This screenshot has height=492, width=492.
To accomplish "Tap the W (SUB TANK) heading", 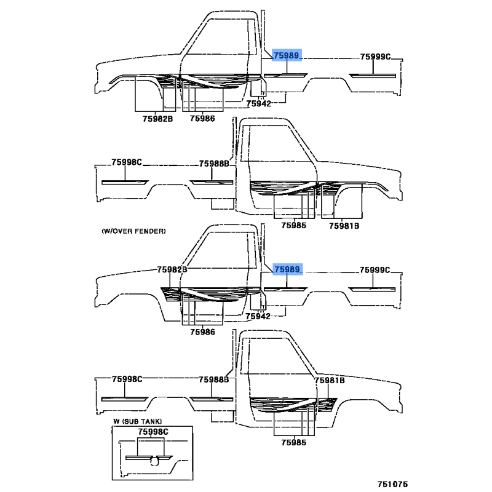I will [x=135, y=421].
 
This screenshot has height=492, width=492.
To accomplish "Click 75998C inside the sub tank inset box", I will [x=153, y=433].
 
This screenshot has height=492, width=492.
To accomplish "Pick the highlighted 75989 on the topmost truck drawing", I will [x=287, y=56].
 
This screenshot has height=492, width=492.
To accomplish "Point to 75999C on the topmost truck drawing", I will [x=375, y=57].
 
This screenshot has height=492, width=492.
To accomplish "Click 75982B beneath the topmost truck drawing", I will [x=157, y=118].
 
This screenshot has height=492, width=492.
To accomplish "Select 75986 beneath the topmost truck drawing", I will [x=202, y=118].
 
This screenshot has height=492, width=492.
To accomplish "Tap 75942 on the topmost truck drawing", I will [x=258, y=104].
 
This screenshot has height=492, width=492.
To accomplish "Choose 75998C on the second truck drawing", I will [x=127, y=162].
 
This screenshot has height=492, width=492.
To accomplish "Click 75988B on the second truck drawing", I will [x=213, y=164].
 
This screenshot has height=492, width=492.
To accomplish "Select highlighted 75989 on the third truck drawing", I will [x=287, y=269].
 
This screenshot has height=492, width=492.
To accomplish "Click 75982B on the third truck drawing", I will [x=172, y=269].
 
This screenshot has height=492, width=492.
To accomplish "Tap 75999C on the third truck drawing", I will [x=375, y=270].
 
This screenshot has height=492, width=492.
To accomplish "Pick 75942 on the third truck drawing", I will [x=258, y=316].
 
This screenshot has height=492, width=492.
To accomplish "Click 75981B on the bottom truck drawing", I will [x=330, y=381].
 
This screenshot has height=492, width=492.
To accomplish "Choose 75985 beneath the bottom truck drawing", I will [x=293, y=442].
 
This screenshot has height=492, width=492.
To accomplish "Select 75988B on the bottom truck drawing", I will [x=213, y=380].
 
